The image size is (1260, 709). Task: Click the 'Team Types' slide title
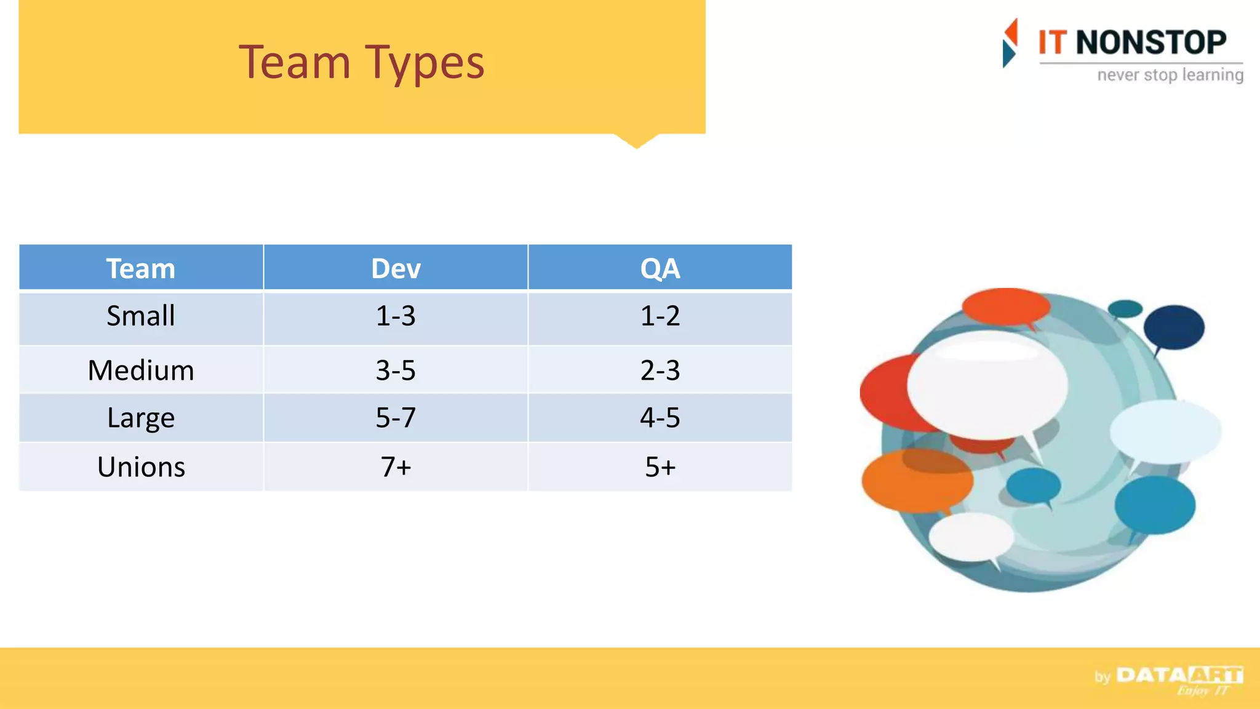362,63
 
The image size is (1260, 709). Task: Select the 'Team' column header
141,268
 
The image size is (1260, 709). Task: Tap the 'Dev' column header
396,268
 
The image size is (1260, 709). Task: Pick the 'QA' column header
660,268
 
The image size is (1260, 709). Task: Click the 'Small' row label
141,316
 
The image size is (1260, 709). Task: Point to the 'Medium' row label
141,370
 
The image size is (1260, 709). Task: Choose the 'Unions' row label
141,467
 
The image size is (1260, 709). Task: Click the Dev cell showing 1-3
396,316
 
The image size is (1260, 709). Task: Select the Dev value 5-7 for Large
396,417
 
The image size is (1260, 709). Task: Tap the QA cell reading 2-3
660,370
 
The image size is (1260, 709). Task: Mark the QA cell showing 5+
660,467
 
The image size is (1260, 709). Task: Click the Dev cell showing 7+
396,467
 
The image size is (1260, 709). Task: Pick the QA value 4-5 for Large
660,417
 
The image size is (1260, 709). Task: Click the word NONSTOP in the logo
1150,42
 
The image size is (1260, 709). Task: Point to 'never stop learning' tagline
1170,75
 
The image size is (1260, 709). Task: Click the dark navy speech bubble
1174,327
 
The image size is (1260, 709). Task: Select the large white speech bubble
987,385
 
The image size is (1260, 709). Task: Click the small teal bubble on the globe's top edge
1125,308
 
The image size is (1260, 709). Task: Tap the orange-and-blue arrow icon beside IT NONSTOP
1010,43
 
